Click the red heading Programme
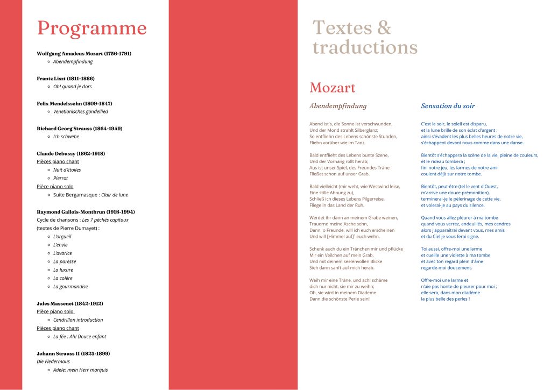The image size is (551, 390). point(91,28)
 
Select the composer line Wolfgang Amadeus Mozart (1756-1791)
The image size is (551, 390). point(84,53)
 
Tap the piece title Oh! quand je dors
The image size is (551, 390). point(73,87)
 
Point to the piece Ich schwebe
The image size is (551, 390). point(66,137)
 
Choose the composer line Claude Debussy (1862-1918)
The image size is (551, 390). point(71,153)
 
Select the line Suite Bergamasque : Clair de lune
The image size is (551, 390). point(90,195)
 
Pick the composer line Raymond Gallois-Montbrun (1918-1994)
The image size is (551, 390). point(86,211)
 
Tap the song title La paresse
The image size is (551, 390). point(65,261)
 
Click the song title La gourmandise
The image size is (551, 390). point(70,287)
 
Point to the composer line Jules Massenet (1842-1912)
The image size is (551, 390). point(70,303)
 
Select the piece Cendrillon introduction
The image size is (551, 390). point(78,320)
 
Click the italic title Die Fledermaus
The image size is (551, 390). point(53,361)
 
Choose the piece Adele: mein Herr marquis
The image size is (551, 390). point(80,370)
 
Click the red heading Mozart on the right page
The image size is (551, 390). point(332,88)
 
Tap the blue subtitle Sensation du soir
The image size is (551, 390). point(448,106)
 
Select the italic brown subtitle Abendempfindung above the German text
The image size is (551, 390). point(338,106)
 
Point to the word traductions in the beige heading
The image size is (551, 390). point(365,47)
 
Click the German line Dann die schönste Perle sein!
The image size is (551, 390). point(340,299)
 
